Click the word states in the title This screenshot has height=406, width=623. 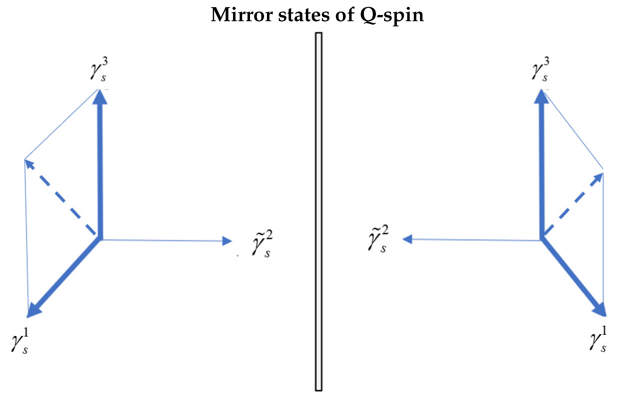[304, 15]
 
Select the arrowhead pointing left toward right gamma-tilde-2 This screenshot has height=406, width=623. [407, 239]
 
